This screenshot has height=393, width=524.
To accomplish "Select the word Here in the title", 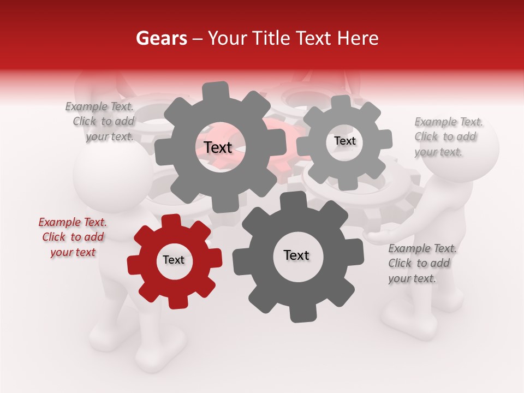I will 358,39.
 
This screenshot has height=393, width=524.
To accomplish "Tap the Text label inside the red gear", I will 174,260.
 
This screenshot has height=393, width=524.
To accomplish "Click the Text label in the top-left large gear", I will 218,147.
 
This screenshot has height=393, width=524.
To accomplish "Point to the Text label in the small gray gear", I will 344,141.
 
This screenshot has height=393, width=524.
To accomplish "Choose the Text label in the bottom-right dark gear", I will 296,255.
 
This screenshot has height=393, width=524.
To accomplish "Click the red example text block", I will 73,237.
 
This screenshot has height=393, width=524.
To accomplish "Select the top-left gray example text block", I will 100,122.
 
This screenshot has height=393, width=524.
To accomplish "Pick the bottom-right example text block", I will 421,263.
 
